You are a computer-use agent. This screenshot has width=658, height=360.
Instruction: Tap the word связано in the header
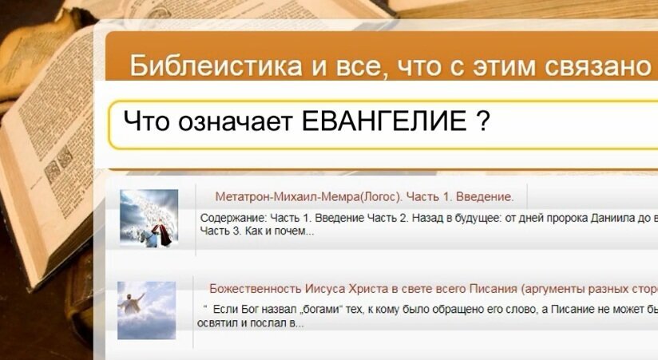point(608,65)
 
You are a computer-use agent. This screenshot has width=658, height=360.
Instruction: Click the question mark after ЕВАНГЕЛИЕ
point(482,122)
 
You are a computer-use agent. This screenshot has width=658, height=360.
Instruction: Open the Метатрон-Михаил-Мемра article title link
point(364,196)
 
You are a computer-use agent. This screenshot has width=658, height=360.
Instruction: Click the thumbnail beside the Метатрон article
point(149,218)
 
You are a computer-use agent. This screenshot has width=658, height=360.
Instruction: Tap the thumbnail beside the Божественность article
point(146,310)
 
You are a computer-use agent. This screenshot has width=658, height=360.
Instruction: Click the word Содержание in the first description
point(232,218)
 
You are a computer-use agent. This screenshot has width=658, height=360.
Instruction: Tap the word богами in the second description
point(319,310)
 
